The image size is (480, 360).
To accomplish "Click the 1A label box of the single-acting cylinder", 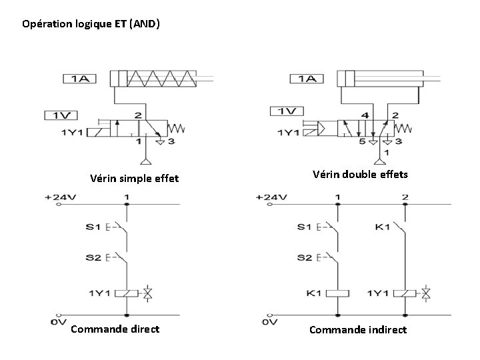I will point(79,79).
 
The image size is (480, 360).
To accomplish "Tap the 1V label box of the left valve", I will point(61,115).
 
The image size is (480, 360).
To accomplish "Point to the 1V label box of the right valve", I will point(287,111).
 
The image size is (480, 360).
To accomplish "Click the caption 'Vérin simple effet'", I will point(135,179).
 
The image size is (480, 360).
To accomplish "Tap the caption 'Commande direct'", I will point(115,329).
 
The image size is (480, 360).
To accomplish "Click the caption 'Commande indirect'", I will point(358,329).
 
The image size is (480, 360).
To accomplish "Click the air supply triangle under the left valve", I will point(145,161).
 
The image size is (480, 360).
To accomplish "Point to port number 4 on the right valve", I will point(364,115).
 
